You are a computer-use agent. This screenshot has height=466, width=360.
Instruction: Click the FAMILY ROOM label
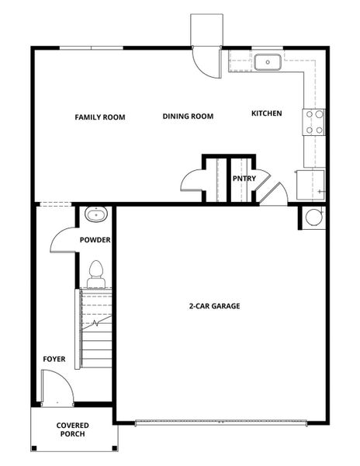(x=100, y=117)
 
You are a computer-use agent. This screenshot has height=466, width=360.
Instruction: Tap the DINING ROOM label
(x=188, y=116)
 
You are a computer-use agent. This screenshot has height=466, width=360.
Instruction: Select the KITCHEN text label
(x=266, y=113)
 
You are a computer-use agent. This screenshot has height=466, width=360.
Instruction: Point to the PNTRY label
(x=244, y=179)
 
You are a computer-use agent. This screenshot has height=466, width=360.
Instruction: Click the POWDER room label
(x=95, y=240)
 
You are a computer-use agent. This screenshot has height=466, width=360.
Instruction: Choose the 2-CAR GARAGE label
(x=214, y=306)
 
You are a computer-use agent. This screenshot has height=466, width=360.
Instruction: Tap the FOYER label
(x=54, y=360)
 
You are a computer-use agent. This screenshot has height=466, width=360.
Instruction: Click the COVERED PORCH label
(x=72, y=429)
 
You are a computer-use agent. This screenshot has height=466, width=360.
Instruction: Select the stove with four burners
(x=314, y=122)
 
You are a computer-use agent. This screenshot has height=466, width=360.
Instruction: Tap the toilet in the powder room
(x=96, y=271)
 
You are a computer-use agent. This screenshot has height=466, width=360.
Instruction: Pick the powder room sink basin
(x=95, y=214)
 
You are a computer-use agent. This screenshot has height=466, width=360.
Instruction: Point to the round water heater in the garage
(x=313, y=217)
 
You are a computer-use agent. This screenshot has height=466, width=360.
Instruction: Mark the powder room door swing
(x=62, y=241)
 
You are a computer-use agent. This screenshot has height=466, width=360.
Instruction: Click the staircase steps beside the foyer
(x=95, y=330)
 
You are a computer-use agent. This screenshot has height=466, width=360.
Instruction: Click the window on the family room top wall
(x=91, y=48)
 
